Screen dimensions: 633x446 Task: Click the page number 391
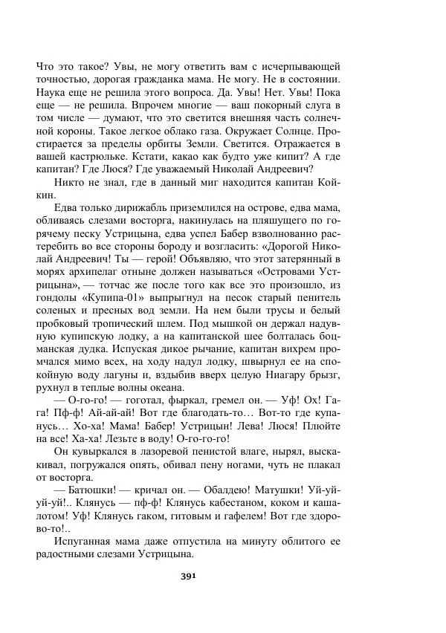187,574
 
